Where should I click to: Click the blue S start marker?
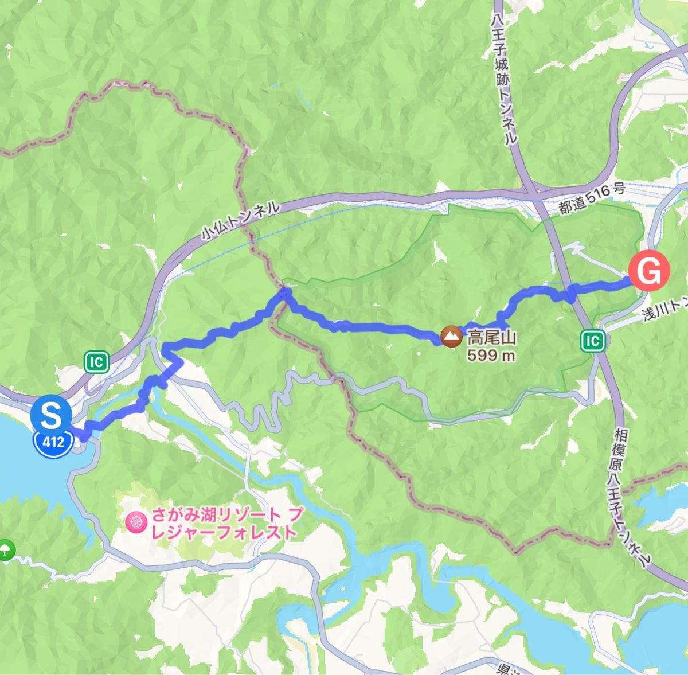[x=52, y=415]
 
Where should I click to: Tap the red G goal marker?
[x=649, y=271]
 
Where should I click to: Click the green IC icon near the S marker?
[x=96, y=362]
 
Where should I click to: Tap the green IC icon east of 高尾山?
[x=593, y=341]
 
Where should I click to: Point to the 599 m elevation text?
[x=491, y=356]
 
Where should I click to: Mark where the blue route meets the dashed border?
[x=284, y=294]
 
